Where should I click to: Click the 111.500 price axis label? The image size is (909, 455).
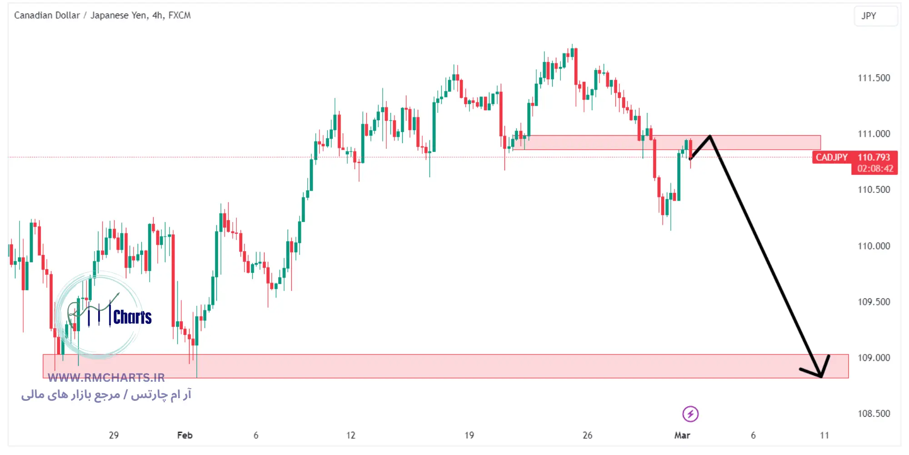[x=874, y=78]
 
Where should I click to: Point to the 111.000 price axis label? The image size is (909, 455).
[x=874, y=134]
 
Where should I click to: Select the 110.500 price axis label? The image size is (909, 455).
[x=874, y=190]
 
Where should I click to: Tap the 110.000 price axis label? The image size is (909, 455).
[x=874, y=246]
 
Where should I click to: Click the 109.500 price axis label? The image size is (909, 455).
[x=874, y=302]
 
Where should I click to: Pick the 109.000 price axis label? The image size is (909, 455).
[x=874, y=358]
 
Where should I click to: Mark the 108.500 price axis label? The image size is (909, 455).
[x=874, y=414]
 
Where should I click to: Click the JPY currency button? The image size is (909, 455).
[x=869, y=16]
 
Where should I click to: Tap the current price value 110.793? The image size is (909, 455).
[x=874, y=157]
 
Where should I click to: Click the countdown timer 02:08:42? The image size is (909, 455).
[x=875, y=169]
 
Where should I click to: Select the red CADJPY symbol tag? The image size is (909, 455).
[x=831, y=157]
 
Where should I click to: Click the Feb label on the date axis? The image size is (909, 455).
[x=185, y=435]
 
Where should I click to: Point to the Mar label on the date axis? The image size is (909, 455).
[x=682, y=435]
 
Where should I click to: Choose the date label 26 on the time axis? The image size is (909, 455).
[x=587, y=435]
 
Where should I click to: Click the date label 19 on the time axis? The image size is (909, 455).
[x=469, y=435]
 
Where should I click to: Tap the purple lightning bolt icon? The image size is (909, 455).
[x=690, y=414]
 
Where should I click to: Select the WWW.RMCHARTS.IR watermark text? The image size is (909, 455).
[x=106, y=378]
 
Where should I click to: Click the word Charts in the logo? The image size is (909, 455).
[x=132, y=317]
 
